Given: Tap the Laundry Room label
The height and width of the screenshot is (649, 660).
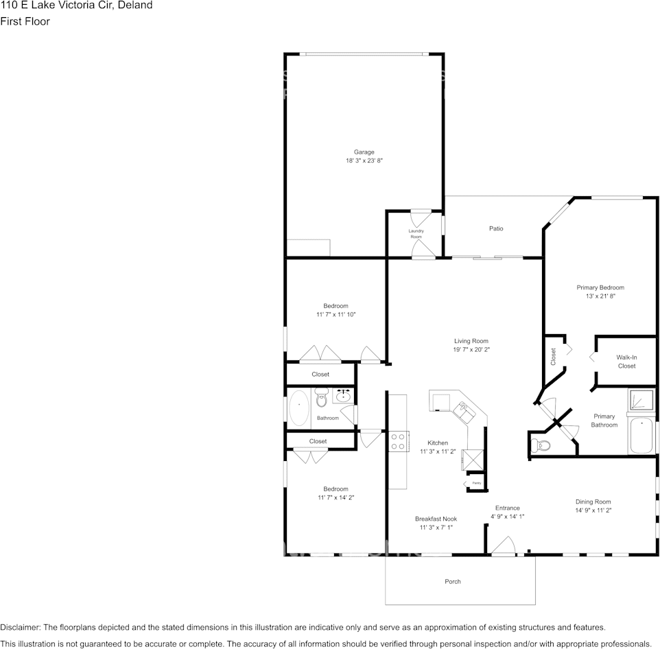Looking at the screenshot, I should click(416, 234).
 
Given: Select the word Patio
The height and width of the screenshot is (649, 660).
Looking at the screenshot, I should click(495, 228).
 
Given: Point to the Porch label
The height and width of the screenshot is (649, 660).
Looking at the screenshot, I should click(453, 581).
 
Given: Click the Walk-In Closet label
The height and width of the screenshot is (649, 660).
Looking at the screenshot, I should click(626, 362).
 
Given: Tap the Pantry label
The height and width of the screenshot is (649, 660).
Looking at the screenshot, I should click(475, 484).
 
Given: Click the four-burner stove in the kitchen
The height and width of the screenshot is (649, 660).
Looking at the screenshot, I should click(399, 440).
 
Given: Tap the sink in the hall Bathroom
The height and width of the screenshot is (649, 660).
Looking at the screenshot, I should click(343, 396).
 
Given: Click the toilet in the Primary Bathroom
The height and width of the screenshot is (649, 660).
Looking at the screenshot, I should click(541, 446).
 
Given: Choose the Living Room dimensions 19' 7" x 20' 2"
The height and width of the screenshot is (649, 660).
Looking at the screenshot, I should click(471, 350).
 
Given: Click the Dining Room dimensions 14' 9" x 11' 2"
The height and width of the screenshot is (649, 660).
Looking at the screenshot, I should click(593, 510).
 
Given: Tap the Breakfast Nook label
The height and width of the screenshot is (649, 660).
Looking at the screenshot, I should click(436, 519).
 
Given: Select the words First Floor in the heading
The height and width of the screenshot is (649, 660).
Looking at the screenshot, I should click(25, 21).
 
